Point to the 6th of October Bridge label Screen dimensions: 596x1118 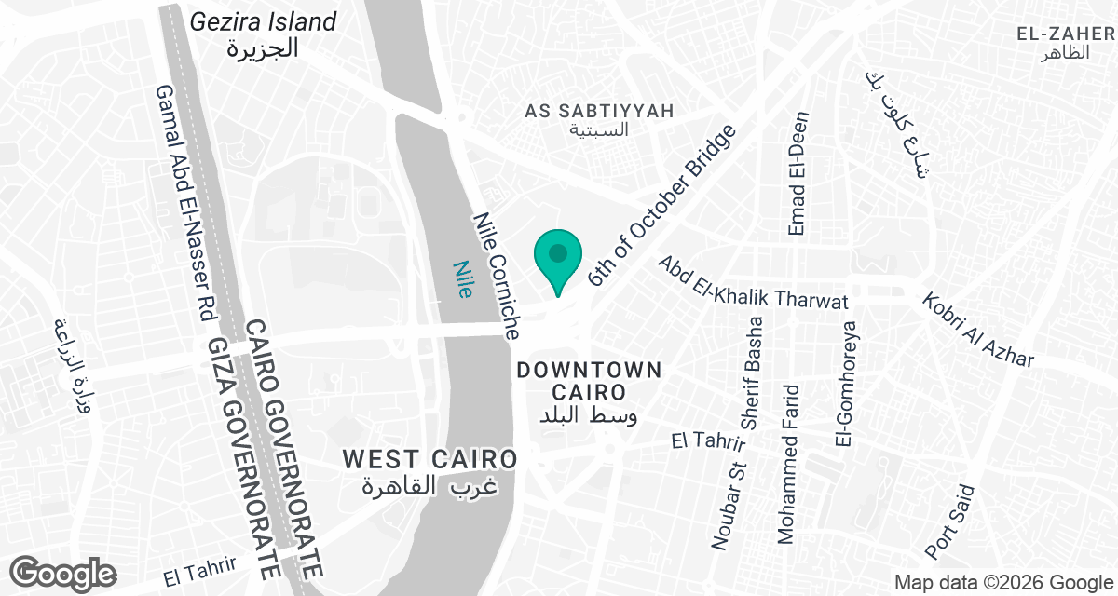pos(662,205)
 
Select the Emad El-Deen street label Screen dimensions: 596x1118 pos(798,173)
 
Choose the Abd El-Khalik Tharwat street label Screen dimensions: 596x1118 pos(753,282)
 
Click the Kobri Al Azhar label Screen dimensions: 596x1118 pos(978,330)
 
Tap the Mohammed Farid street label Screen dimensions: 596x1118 pos(791,465)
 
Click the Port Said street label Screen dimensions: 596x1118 pos(949,522)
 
